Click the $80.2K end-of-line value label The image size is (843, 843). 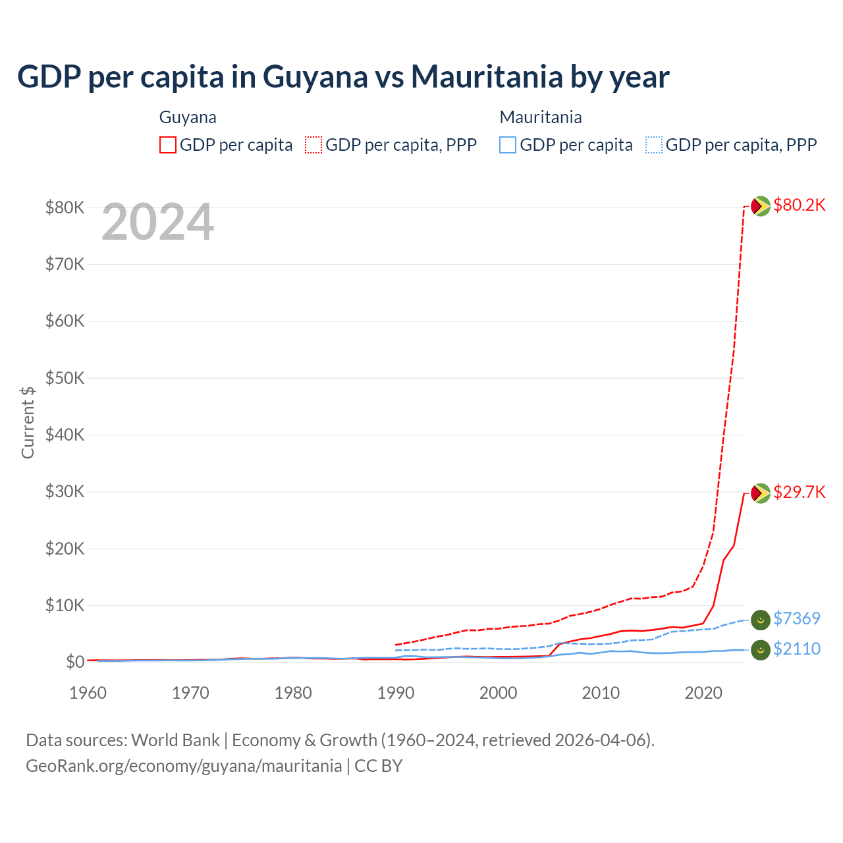click(x=799, y=205)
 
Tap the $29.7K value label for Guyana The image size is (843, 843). click(x=799, y=492)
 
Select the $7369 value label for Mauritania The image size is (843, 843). click(x=796, y=618)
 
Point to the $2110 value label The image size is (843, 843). click(x=796, y=649)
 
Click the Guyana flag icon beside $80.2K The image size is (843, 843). click(x=761, y=206)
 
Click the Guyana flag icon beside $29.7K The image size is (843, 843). click(x=761, y=493)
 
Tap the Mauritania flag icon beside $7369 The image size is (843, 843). click(x=761, y=619)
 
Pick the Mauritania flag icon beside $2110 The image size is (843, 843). click(x=761, y=649)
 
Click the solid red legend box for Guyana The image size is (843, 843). click(x=168, y=145)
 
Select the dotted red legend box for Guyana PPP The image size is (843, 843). click(x=313, y=145)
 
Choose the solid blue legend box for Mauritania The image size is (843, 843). click(x=508, y=145)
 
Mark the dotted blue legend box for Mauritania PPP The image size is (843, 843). click(x=654, y=145)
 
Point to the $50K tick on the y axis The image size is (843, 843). click(x=65, y=378)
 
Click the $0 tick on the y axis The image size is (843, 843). click(x=74, y=662)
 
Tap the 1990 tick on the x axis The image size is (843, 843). click(x=396, y=693)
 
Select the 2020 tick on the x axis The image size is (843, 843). click(x=703, y=693)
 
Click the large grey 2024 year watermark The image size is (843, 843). click(x=157, y=222)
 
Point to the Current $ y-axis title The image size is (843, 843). click(x=28, y=422)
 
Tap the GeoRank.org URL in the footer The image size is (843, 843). click(x=184, y=766)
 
